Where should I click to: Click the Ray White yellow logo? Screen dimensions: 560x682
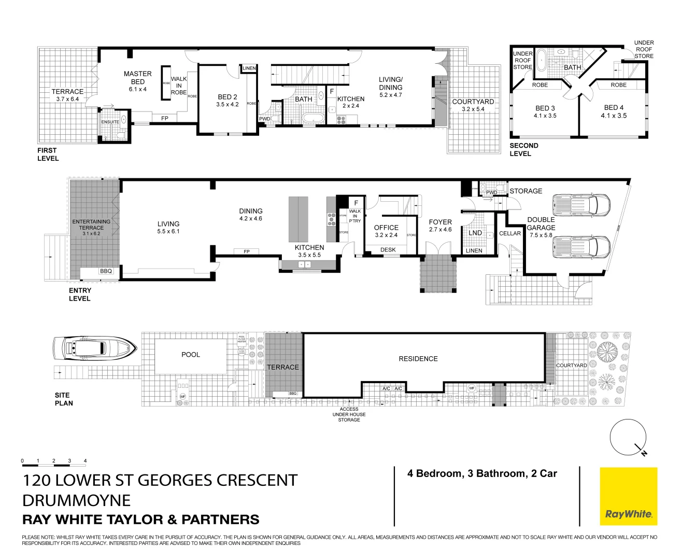point(628,496)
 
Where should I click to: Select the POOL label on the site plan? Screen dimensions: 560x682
point(190,355)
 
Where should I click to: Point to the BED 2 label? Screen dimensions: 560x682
point(228,97)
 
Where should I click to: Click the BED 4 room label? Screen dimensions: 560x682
point(614,108)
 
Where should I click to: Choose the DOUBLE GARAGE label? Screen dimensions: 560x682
point(541,223)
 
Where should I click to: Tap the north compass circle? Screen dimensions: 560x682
point(628,436)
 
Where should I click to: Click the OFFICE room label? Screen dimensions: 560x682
point(386,228)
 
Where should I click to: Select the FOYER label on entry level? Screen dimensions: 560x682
point(440,222)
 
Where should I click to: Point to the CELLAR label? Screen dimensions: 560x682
point(509,233)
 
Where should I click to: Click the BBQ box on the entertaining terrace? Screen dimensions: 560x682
point(106,271)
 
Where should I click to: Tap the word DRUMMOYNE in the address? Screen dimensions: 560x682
point(76,500)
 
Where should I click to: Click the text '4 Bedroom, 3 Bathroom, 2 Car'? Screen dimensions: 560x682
point(482,473)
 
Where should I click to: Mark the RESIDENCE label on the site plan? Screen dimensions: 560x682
point(418,359)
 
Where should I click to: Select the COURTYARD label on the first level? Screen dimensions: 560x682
point(473,102)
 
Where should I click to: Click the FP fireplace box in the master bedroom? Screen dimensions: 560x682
point(165,119)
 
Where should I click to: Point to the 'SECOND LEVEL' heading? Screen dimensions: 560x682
point(523,149)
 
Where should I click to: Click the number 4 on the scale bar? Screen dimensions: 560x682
point(85,461)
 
